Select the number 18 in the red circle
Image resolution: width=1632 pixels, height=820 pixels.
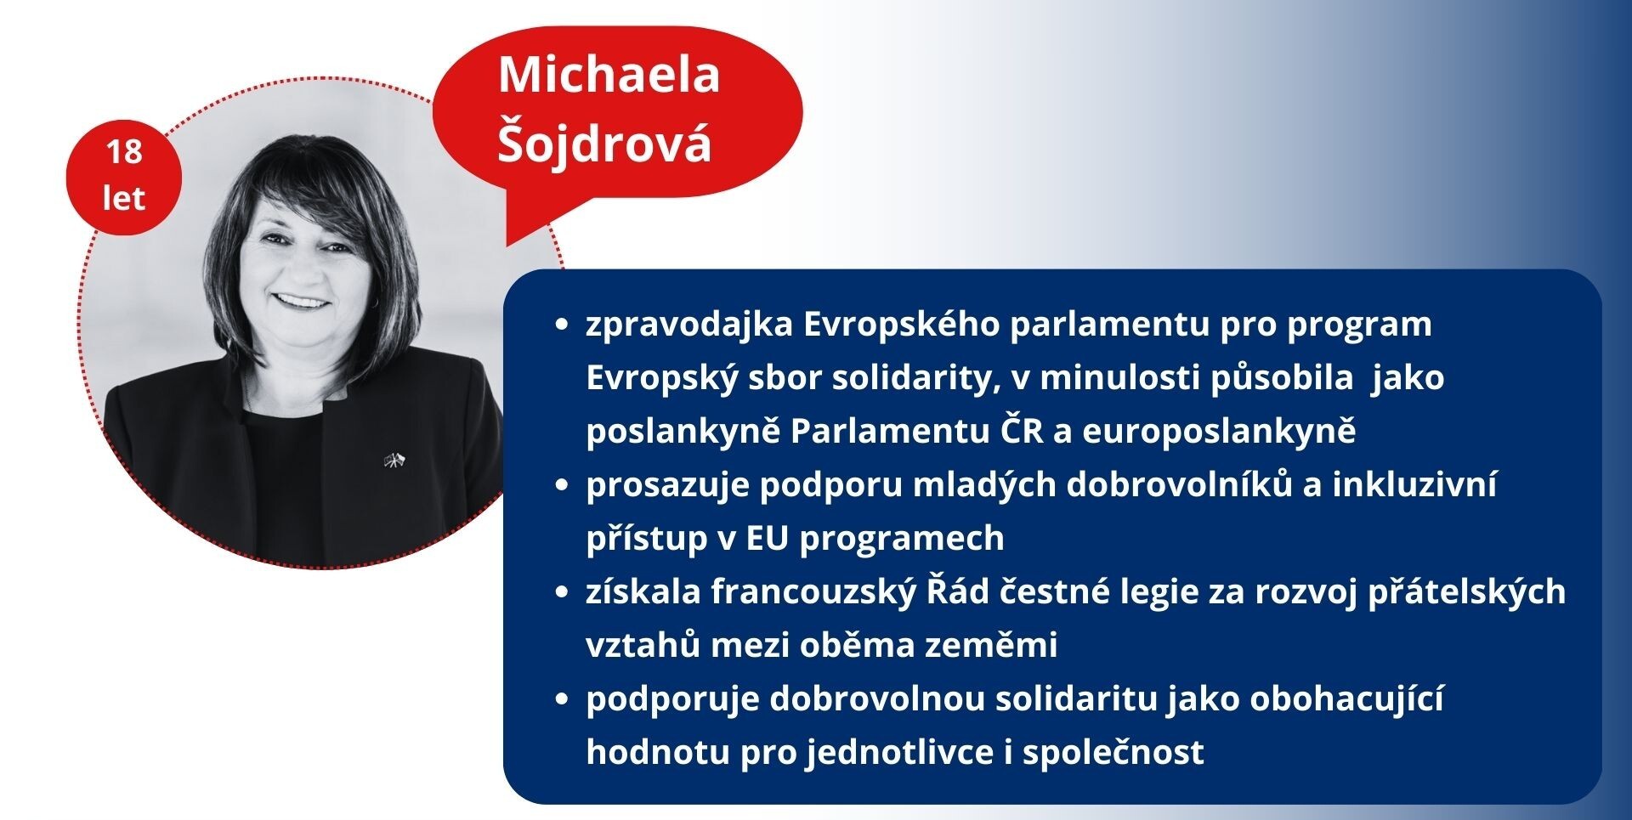click(124, 152)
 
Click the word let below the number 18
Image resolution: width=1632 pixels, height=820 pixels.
click(124, 198)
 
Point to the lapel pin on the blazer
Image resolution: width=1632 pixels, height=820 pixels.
click(395, 461)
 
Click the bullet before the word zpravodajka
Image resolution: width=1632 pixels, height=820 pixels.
click(560, 325)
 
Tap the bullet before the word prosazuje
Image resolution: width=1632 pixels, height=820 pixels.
click(560, 485)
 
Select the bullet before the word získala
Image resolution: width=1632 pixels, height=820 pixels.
click(560, 592)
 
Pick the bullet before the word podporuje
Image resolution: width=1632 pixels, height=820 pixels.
click(560, 699)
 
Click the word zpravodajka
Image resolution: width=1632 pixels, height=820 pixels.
click(689, 325)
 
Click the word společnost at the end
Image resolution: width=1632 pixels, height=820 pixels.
click(1113, 753)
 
